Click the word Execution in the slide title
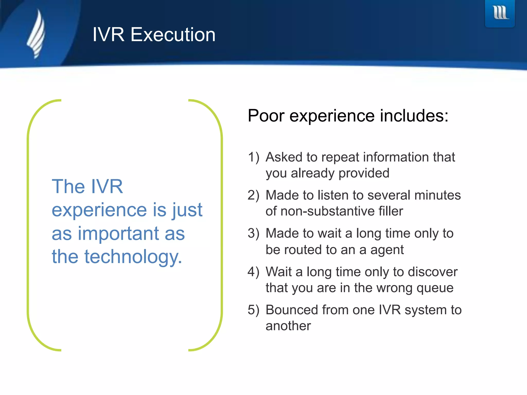pyautogui.click(x=173, y=35)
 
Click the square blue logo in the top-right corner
pyautogui.click(x=500, y=13)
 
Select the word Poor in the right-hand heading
pyautogui.click(x=266, y=116)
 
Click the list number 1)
pyautogui.click(x=253, y=157)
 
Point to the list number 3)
pyautogui.click(x=253, y=234)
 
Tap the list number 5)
pyautogui.click(x=253, y=310)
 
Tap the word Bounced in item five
pyautogui.click(x=292, y=310)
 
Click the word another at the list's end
pyautogui.click(x=288, y=326)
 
